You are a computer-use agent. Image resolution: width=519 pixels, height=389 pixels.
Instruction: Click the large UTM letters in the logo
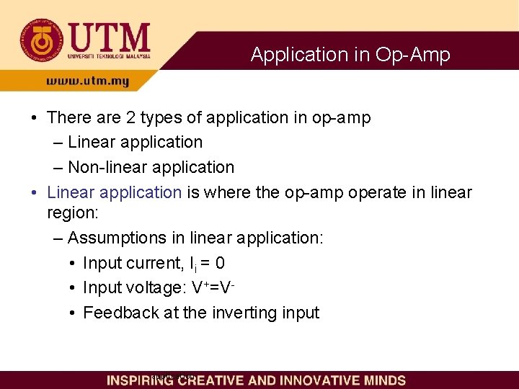coord(109,37)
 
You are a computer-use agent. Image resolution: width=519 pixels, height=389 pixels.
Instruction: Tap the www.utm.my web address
coord(87,81)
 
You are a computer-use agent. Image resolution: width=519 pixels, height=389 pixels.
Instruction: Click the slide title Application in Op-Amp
coord(350,55)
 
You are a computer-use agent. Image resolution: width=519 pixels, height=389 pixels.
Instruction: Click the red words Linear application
coord(114,192)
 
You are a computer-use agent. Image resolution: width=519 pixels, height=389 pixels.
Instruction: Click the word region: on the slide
coord(72,213)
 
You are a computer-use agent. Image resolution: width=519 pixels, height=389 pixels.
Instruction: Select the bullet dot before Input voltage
coord(72,288)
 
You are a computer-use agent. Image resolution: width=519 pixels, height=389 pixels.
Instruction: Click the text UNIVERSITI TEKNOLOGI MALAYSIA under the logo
coord(109,55)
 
